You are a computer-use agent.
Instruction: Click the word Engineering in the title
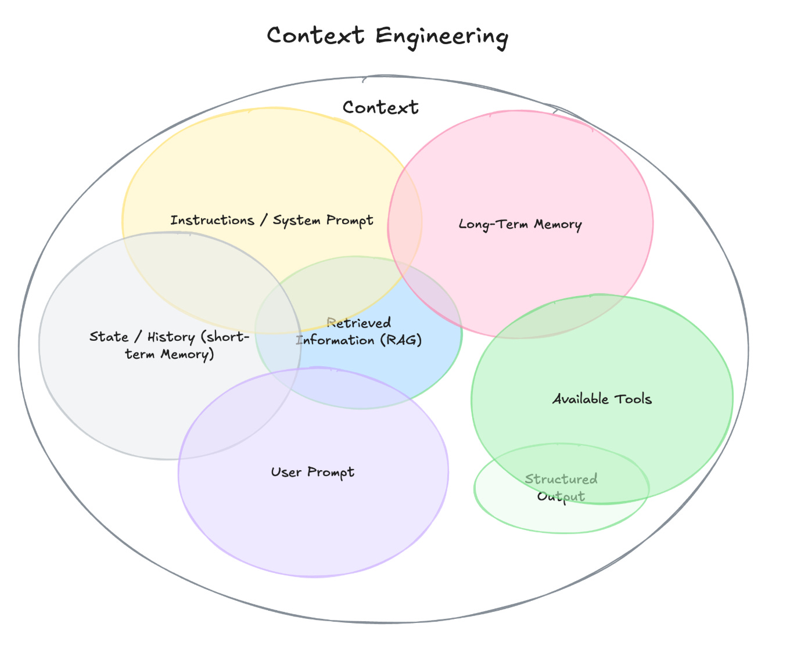coord(441,36)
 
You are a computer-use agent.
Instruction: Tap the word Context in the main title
coord(315,36)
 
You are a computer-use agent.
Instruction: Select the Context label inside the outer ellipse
coord(380,107)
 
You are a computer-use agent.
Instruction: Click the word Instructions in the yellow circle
coord(212,221)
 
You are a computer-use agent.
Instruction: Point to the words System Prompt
coord(323,221)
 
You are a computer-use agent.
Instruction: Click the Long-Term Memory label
coord(520,225)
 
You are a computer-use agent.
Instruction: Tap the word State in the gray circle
coord(109,337)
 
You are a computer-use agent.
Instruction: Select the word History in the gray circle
coord(171,337)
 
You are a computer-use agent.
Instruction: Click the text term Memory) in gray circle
coord(170,355)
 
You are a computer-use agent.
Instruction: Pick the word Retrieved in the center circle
coord(359,323)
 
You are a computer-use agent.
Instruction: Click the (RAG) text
coord(401,340)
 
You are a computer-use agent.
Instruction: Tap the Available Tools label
coord(602,399)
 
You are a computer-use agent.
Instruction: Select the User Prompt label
coord(313,473)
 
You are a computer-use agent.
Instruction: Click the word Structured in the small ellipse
coord(561,480)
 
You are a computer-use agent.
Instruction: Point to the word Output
coord(561,497)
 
